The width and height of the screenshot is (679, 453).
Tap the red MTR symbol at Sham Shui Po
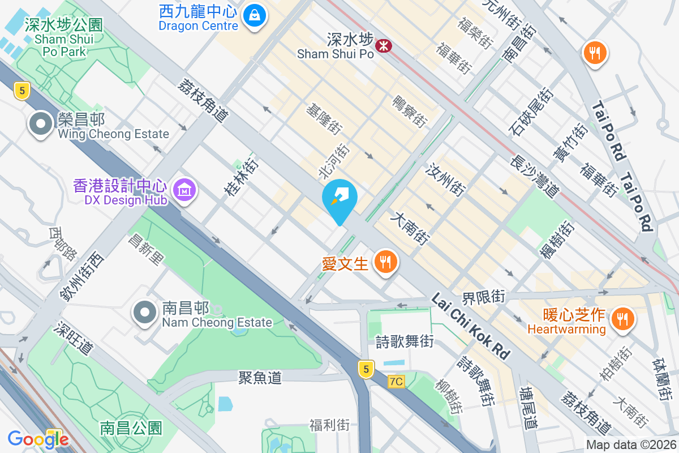pos(384,45)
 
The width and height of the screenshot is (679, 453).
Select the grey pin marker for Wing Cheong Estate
pos(40,125)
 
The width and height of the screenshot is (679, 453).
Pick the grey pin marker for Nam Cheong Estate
pos(145,313)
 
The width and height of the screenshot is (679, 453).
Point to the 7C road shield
pos(397,382)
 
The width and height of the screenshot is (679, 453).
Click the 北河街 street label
pos(334,161)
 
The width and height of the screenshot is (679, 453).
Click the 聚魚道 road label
pos(260,377)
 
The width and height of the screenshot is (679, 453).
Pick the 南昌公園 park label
pos(131,428)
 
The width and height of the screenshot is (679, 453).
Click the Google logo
pos(38,439)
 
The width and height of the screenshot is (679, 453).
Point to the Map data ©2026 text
pos(631,445)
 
